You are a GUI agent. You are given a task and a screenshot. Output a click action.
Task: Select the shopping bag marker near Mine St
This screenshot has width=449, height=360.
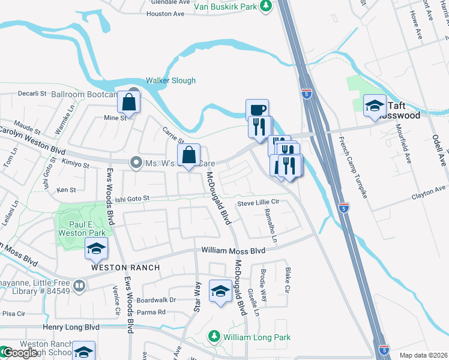pos(129,103)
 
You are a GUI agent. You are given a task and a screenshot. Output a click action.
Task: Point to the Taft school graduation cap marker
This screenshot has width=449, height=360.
pos(375,106)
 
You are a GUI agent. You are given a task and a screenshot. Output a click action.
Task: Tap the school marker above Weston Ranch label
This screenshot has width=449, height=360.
pos(96,248)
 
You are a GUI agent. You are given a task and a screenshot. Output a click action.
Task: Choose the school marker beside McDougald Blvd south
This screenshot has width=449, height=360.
pos(220,291)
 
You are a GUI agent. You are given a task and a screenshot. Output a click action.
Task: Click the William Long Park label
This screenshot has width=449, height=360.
pos(257,338)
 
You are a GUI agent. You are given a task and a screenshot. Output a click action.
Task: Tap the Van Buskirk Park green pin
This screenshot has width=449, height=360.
pos(267,6)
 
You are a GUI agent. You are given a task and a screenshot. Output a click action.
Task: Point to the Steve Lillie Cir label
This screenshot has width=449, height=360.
pos(259,203)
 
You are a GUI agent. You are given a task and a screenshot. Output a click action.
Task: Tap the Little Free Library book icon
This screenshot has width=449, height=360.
pos(79,284)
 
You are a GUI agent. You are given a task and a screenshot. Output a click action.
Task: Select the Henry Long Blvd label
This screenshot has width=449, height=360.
pos(71,327)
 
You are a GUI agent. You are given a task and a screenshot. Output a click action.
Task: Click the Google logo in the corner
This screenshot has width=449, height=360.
pos(19,353)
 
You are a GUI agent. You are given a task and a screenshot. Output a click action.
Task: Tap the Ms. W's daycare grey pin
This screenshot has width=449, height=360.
pos(136,163)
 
